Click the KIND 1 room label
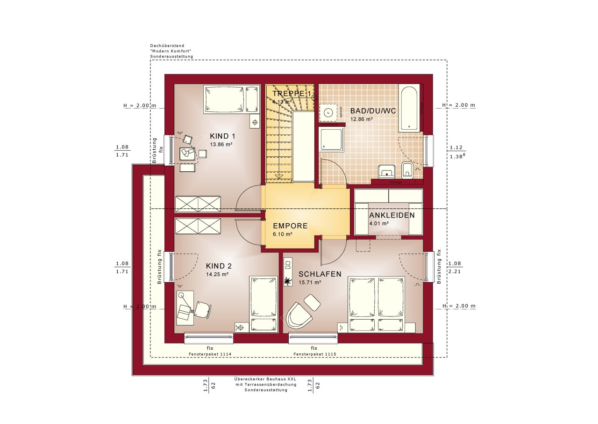(222, 136)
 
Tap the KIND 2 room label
(219, 265)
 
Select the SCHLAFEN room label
(320, 274)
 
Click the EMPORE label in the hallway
(290, 226)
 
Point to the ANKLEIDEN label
(392, 215)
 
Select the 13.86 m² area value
(221, 145)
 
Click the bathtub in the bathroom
(409, 108)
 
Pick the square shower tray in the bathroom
(331, 139)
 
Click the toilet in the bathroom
(407, 171)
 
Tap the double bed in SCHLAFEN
(377, 303)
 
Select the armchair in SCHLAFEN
(299, 314)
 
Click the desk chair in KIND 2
(202, 309)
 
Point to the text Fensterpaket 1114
(210, 355)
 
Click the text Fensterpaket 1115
(314, 355)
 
